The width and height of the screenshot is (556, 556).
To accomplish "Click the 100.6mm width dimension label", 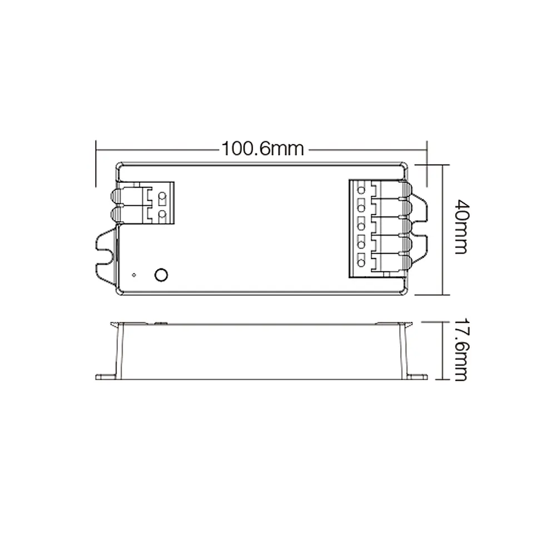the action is coord(263,149).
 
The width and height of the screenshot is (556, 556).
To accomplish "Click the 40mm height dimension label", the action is coord(461,227).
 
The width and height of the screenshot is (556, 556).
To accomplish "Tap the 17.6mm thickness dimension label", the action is coord(461,349).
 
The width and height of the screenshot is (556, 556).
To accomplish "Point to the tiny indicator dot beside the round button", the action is coord(133,275).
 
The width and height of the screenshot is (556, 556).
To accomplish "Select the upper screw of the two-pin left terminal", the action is coord(162,196).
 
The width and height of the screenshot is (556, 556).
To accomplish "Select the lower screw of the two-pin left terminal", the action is coord(162,214).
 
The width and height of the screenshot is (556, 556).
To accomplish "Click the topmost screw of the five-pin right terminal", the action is coord(361,190).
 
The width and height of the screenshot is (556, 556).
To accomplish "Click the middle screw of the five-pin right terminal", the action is coord(361,226).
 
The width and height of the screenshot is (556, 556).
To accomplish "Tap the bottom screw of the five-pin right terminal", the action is coord(361,263).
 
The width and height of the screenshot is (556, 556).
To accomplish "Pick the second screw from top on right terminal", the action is coord(361,208).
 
